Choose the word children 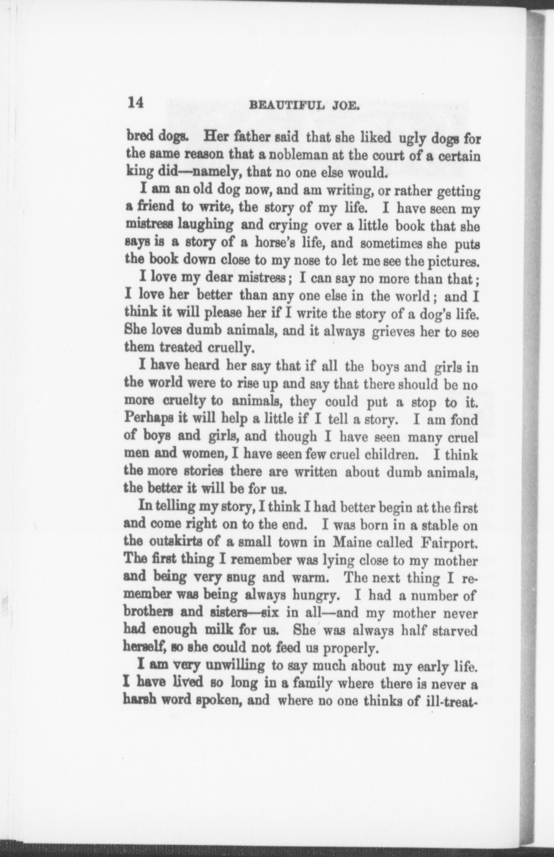click(389, 455)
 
